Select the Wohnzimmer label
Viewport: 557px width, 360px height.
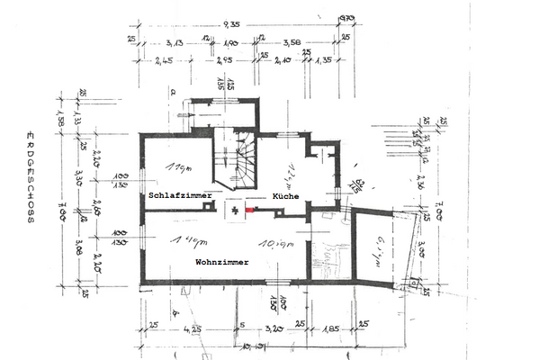(x=222, y=262)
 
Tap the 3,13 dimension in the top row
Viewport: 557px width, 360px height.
(x=174, y=43)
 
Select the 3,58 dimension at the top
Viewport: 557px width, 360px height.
(x=292, y=43)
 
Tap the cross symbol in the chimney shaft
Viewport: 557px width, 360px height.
(x=234, y=209)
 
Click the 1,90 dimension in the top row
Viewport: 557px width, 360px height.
(x=229, y=43)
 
